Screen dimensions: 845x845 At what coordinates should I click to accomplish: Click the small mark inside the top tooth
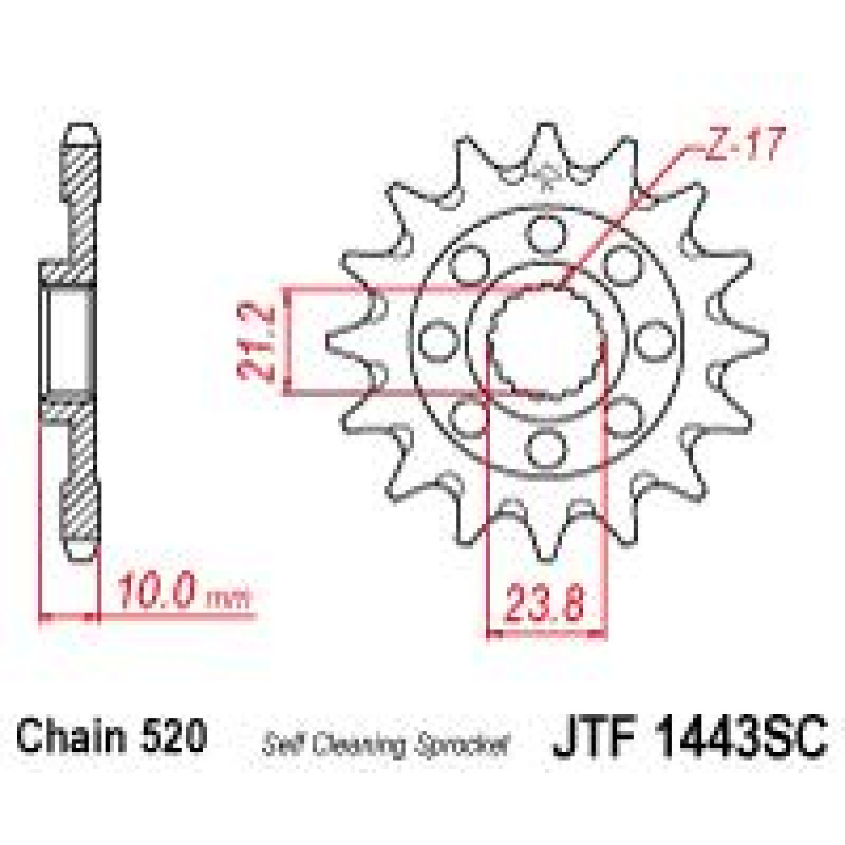546,175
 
